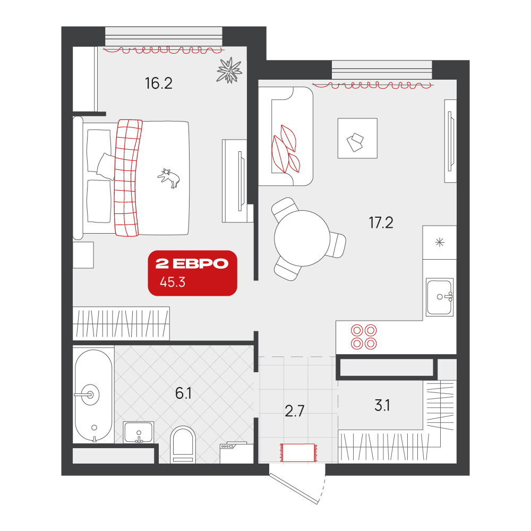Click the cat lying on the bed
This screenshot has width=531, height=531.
169,178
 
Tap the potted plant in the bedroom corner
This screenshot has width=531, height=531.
229,70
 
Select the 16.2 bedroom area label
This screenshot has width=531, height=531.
158,83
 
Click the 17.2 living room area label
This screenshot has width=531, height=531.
381,223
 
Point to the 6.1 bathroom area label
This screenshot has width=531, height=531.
183,393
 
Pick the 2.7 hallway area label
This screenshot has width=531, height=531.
295,411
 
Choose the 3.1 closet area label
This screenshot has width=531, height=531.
382,405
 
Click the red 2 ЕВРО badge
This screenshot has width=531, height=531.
192,273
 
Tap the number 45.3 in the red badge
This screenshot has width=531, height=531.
173,282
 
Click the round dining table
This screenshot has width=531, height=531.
302,238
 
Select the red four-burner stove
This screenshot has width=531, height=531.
364,337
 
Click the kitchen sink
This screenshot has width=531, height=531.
440,297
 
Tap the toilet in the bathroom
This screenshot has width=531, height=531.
183,444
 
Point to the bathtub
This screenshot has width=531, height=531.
93,396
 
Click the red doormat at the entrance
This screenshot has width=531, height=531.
298,452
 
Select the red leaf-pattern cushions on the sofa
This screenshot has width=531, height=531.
286,149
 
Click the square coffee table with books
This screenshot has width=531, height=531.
357,138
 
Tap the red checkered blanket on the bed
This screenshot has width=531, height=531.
127,178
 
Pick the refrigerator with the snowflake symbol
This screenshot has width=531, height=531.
440,243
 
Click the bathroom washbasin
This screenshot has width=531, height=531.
138,432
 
